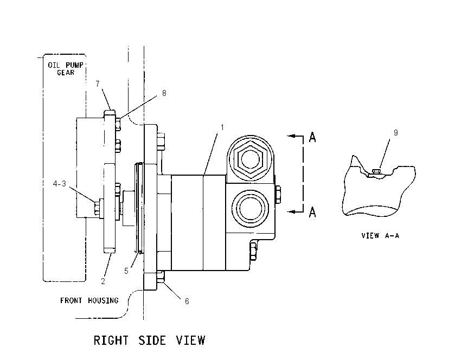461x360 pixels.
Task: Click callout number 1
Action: (x=222, y=127)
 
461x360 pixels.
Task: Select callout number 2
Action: (x=103, y=281)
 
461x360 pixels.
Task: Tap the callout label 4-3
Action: (x=60, y=184)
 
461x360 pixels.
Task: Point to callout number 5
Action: (x=126, y=271)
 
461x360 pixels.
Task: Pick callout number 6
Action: (x=187, y=301)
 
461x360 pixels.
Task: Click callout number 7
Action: (x=98, y=83)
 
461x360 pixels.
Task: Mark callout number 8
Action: (x=164, y=93)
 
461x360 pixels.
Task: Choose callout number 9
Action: (x=396, y=132)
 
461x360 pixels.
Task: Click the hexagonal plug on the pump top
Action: (x=250, y=159)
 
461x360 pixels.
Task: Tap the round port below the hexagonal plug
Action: (x=250, y=208)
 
